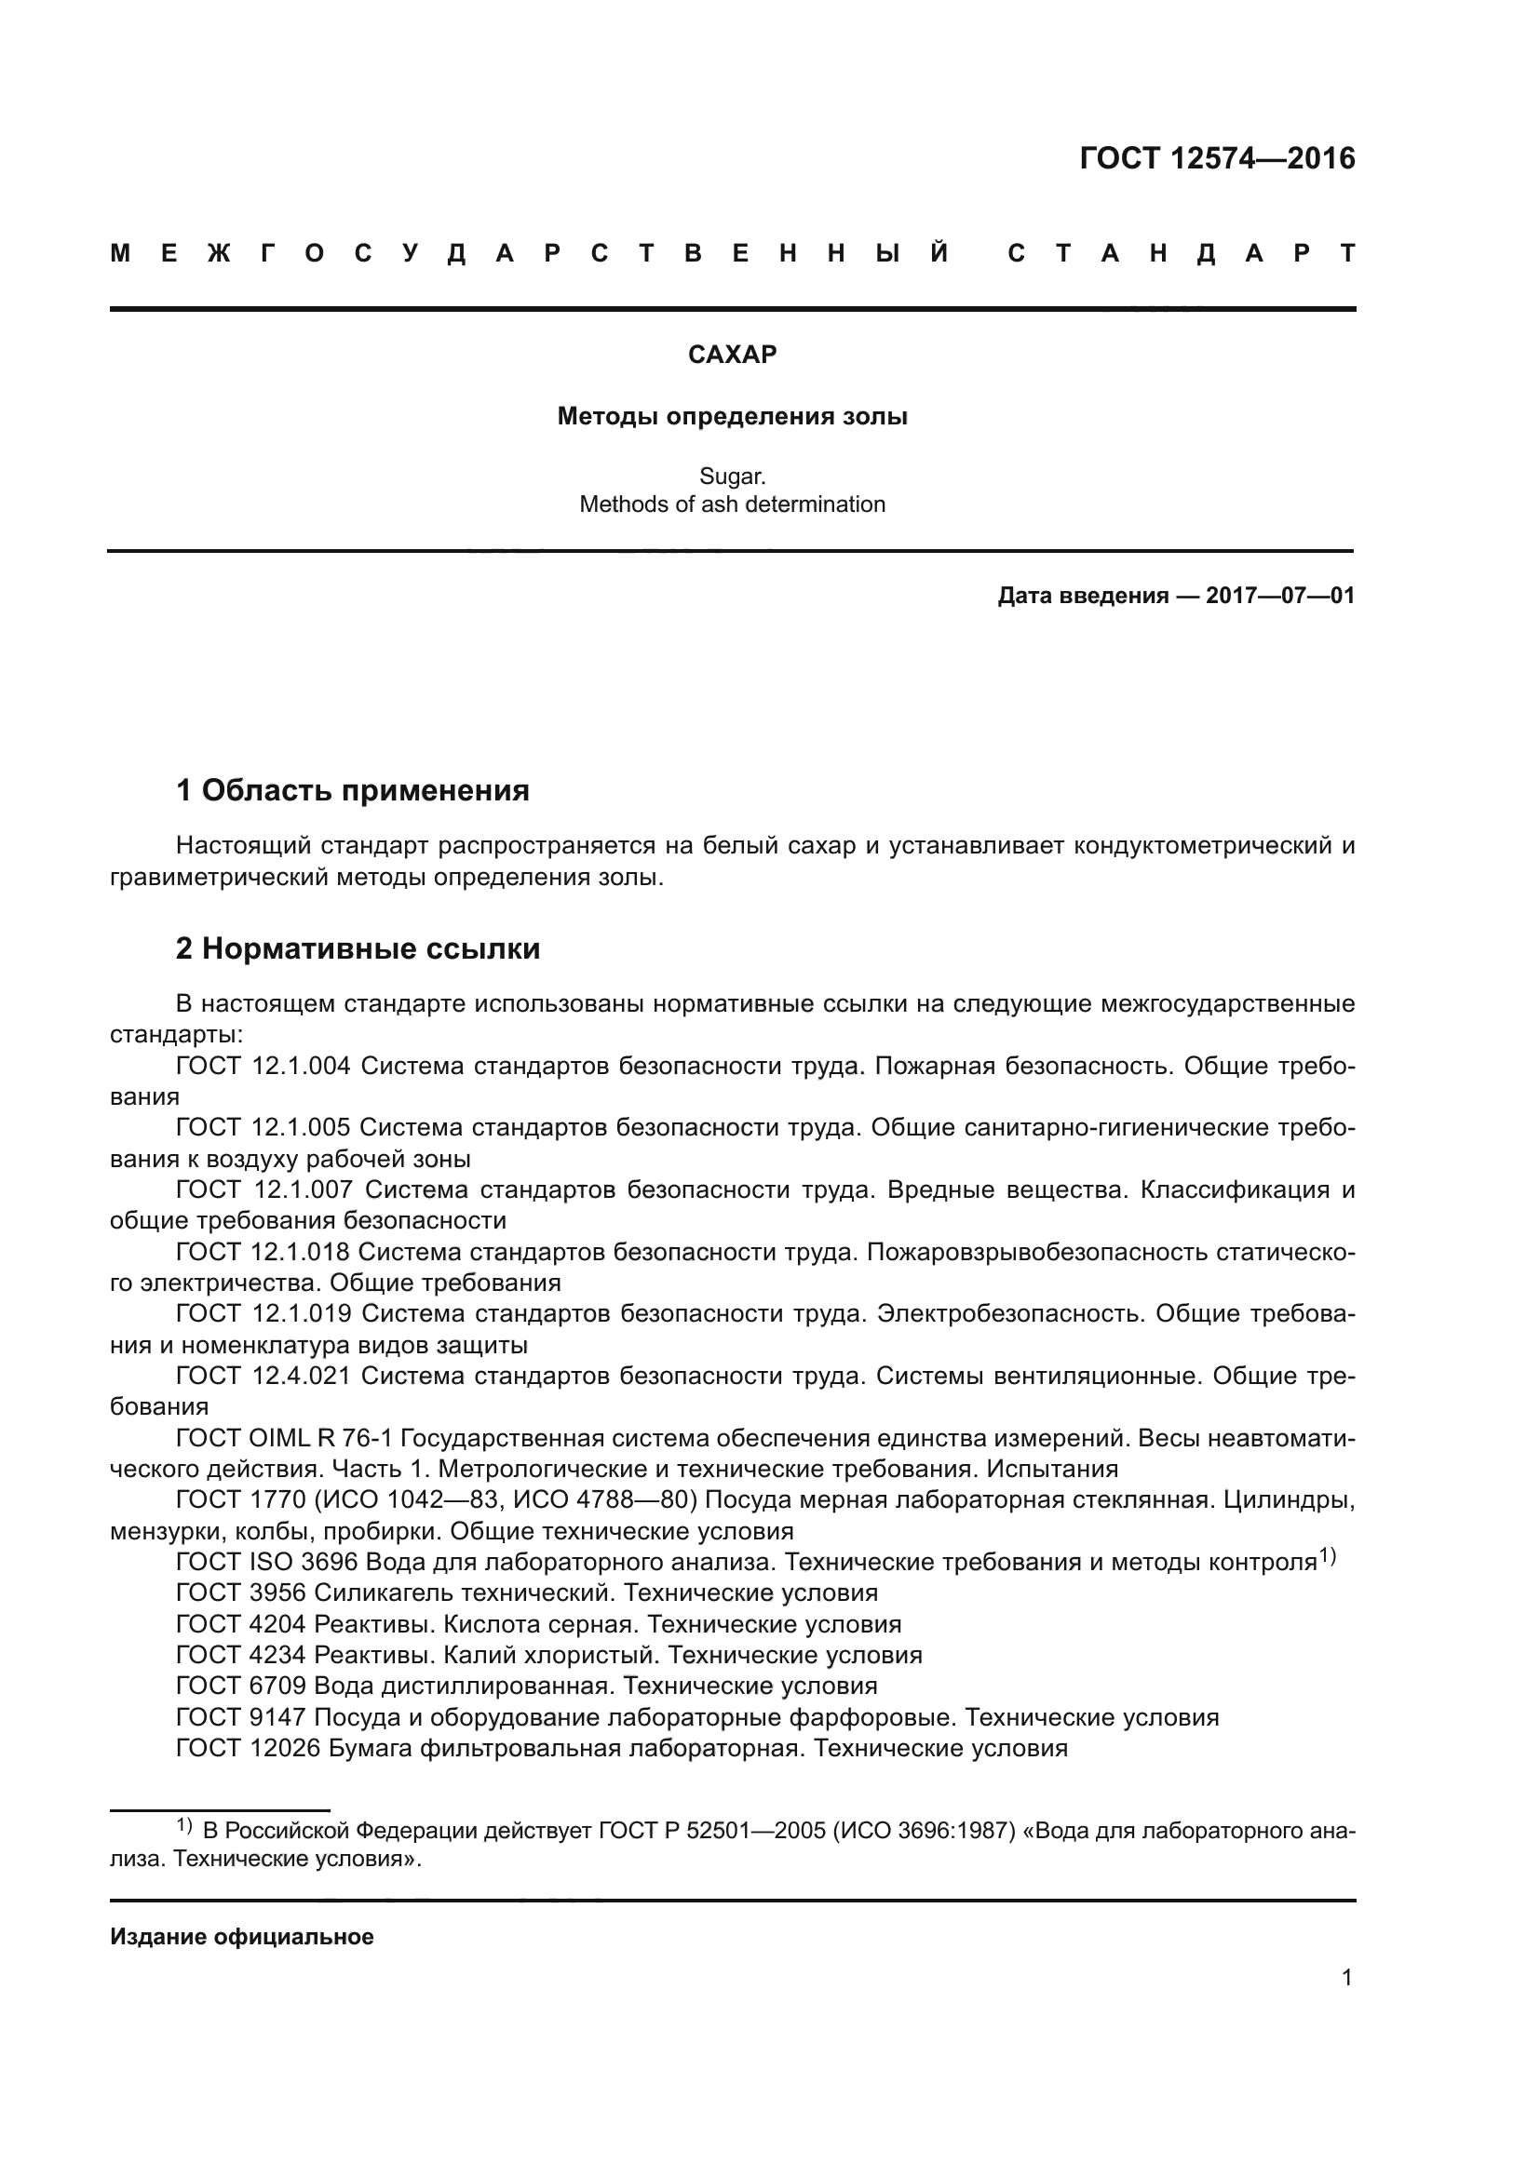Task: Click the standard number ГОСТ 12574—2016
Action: click(x=1217, y=158)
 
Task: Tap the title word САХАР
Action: click(x=732, y=355)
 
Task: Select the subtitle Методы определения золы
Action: click(x=732, y=416)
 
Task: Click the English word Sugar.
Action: click(x=732, y=476)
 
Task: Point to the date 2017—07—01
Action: click(x=1280, y=596)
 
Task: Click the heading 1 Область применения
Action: click(x=353, y=790)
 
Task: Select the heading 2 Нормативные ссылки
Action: click(x=358, y=948)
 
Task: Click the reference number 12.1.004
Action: click(x=301, y=1066)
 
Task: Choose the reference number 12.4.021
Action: click(x=302, y=1375)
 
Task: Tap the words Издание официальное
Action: click(x=242, y=1937)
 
